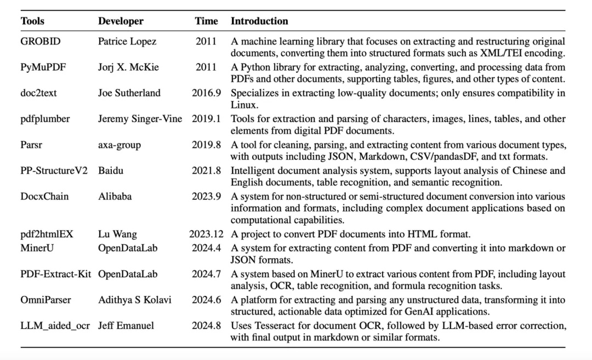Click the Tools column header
32,21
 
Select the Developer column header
121,21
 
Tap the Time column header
206,21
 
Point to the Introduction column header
259,21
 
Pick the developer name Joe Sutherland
129,93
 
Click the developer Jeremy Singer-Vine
140,119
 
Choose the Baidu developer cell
111,170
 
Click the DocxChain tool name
44,196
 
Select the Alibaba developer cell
115,196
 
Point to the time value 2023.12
206,235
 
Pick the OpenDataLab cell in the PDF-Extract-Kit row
128,273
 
